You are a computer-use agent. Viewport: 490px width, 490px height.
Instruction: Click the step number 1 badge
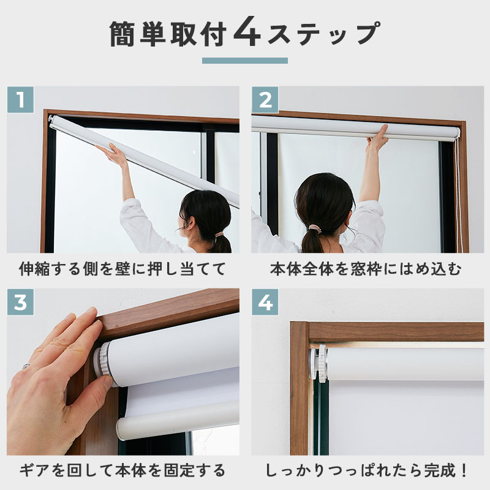pos(20,100)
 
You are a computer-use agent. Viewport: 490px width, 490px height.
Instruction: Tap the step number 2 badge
pos(265,100)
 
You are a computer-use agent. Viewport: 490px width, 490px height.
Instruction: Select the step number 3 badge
pos(20,302)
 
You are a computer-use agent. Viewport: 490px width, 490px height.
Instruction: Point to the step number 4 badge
pos(265,302)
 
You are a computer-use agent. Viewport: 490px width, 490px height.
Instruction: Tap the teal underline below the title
pos(244,61)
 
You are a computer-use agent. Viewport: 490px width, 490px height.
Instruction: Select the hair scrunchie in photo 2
pos(314,230)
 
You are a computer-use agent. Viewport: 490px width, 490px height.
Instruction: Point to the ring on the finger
pos(26,366)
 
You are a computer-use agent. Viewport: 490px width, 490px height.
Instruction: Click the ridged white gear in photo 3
pos(104,363)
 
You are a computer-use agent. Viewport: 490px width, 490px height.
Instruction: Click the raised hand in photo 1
pos(112,154)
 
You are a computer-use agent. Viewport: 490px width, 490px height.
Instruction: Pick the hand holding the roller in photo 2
pos(379,137)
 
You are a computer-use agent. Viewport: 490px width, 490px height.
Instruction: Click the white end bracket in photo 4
pos(318,363)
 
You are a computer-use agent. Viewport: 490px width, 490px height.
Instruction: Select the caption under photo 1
pos(122,269)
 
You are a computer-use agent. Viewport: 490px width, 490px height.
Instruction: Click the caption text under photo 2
pos(366,269)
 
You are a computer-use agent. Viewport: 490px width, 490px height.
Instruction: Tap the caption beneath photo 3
pos(122,470)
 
